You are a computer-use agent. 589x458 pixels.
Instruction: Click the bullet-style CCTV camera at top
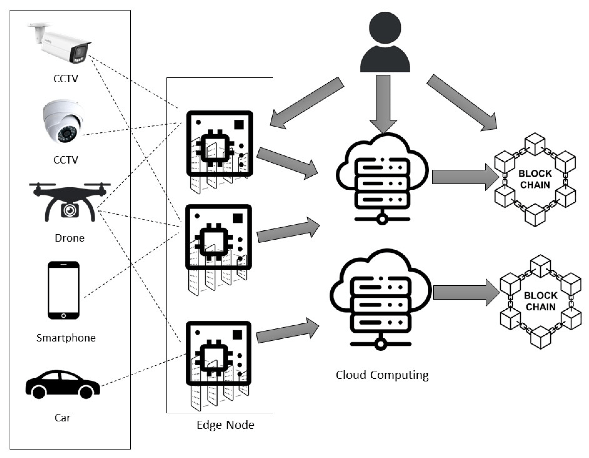tap(62, 45)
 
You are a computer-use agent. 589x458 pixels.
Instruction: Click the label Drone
tap(70, 238)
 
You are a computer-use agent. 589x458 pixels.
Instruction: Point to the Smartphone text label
tap(66, 338)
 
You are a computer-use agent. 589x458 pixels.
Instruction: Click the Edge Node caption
tap(225, 425)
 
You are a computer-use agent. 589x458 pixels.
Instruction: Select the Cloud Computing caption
tap(382, 375)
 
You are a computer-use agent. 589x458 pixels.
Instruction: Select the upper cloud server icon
tap(382, 178)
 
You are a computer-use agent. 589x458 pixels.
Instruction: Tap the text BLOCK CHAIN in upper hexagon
tap(535, 179)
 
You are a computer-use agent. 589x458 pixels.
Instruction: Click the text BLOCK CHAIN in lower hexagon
tap(540, 301)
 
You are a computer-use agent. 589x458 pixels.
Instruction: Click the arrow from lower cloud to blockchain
tap(465, 292)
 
